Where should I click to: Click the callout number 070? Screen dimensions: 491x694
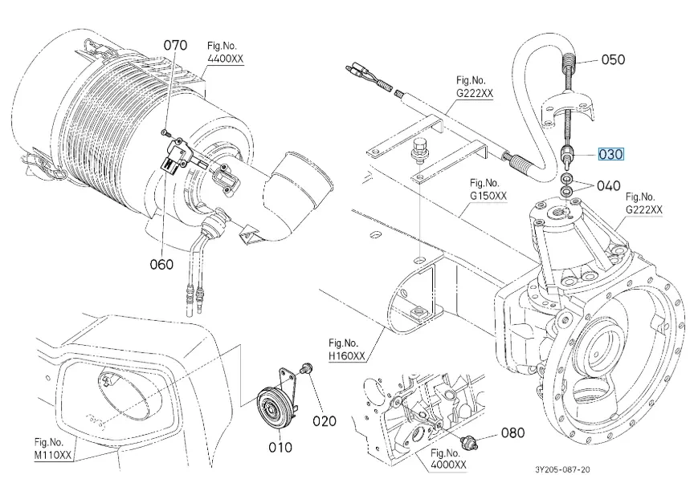(x=175, y=46)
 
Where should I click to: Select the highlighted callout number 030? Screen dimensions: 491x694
(x=610, y=154)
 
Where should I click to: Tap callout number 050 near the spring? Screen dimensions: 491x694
(x=613, y=59)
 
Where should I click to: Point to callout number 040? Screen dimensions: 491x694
(x=609, y=185)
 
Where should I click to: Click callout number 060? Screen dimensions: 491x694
(x=161, y=266)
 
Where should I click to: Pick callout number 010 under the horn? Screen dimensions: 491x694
(x=280, y=446)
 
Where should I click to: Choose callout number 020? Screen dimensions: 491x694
(x=325, y=420)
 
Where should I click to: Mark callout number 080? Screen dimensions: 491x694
(x=512, y=433)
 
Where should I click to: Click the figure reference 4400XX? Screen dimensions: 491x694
(x=227, y=61)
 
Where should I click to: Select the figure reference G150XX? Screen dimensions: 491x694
(x=488, y=195)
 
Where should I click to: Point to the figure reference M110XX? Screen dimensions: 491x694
(x=53, y=454)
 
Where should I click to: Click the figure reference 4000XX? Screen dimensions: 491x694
(x=447, y=465)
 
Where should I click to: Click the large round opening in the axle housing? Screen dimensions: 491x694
(x=602, y=353)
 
